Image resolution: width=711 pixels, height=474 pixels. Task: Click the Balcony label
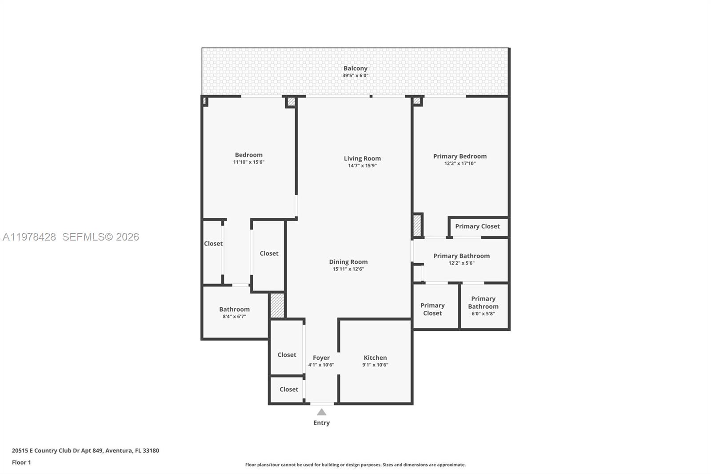pos(355,68)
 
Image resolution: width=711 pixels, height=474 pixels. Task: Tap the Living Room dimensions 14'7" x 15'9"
pos(362,166)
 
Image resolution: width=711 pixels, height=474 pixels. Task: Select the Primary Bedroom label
pos(459,156)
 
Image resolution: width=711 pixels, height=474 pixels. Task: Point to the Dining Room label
pos(348,262)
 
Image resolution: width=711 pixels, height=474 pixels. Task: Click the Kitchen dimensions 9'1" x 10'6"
pos(375,365)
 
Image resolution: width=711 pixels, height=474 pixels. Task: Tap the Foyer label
pos(321,358)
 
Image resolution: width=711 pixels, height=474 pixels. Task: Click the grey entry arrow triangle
pos(321,412)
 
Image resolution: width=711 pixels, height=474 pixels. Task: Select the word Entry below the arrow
pos(321,423)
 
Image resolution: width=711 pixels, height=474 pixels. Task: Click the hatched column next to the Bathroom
pos(277,305)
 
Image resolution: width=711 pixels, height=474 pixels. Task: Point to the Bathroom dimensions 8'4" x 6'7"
pos(234,317)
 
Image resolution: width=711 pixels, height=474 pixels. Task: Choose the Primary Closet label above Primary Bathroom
pos(477,226)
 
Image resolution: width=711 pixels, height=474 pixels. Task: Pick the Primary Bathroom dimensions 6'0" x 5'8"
pos(483,313)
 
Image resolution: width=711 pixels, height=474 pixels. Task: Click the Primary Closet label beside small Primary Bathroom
pos(432,309)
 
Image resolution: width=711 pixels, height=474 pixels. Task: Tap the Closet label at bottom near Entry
pos(288,390)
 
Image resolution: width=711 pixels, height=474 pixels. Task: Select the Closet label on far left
pos(213,244)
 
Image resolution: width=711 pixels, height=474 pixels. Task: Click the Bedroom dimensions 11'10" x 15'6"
pos(248,162)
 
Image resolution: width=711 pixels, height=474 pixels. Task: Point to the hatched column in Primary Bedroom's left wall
pos(417,225)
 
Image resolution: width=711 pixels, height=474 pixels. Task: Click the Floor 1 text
pos(21,462)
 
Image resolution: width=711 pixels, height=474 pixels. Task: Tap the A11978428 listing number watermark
pos(29,237)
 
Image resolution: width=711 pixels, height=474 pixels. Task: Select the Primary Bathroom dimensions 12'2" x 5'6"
pos(461,263)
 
